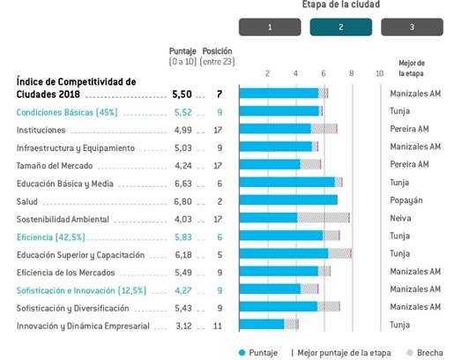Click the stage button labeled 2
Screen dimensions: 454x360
click(341, 27)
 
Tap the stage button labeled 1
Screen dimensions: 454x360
click(270, 27)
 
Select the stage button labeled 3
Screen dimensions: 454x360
click(412, 27)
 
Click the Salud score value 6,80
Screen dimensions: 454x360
click(182, 201)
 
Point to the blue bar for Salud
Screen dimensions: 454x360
click(288, 200)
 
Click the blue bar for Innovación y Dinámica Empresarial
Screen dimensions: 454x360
click(262, 324)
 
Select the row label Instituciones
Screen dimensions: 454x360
click(41, 130)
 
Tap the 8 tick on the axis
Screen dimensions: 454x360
click(352, 73)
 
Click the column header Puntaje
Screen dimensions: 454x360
click(182, 51)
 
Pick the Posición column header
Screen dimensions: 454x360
click(217, 51)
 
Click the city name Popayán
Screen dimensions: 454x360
click(406, 200)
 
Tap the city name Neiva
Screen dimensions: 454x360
click(400, 218)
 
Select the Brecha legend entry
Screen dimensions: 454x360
click(425, 352)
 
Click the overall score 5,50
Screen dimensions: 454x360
click(182, 94)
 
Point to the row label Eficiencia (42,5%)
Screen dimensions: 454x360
click(50, 237)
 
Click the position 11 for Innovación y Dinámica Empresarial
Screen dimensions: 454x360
click(218, 326)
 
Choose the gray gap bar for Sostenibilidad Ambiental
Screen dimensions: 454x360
click(324, 218)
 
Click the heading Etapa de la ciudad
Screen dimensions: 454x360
click(341, 4)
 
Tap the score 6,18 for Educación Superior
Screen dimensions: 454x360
click(183, 255)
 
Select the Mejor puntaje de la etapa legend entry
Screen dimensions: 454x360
click(341, 353)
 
